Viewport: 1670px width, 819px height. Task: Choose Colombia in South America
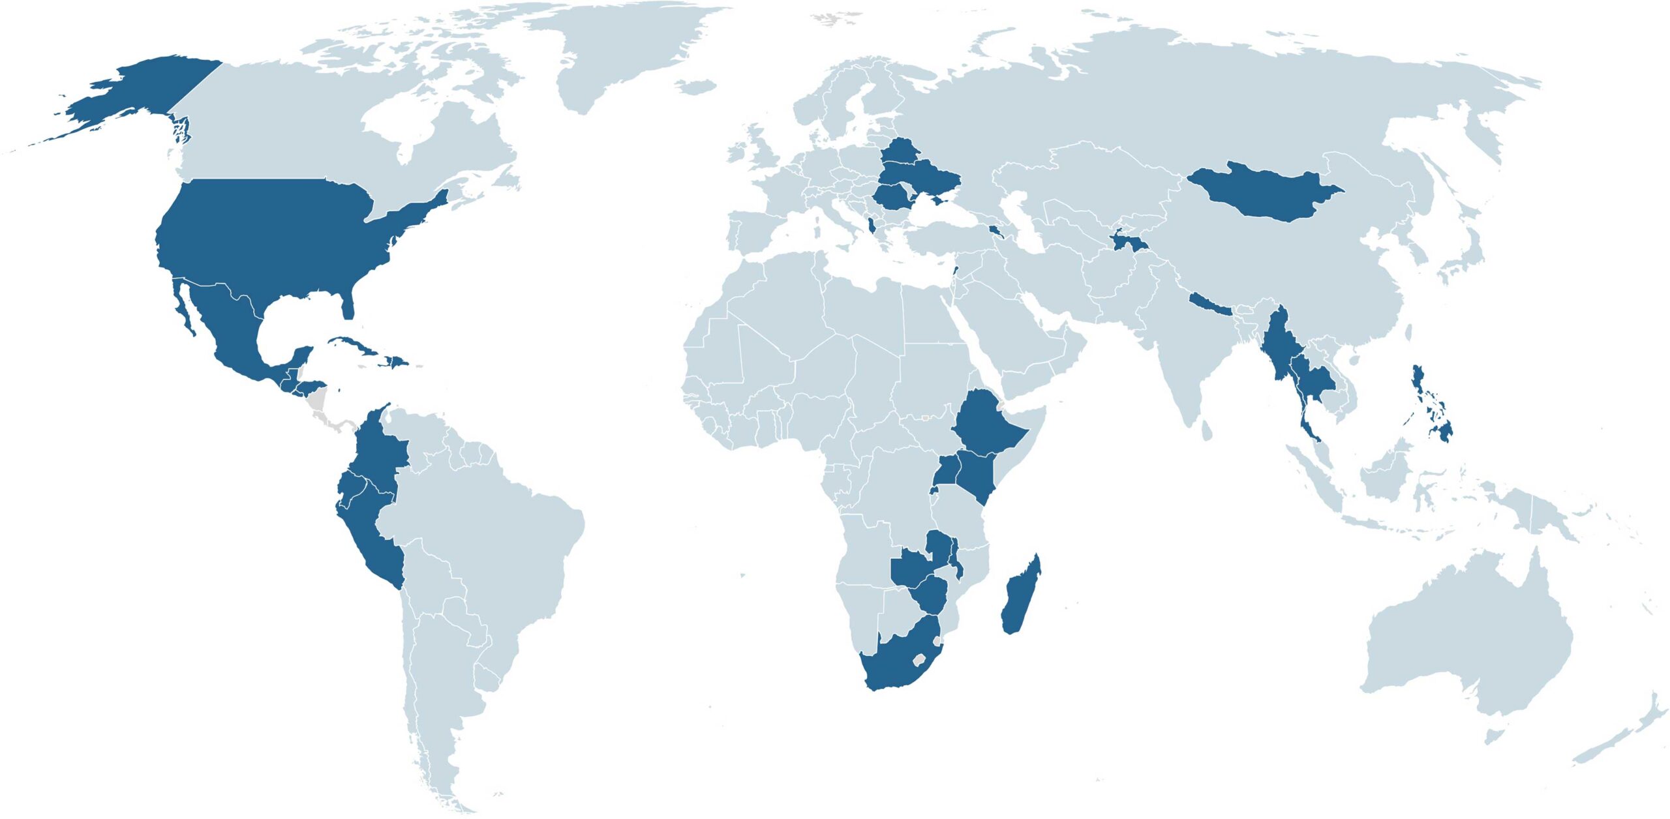(378, 450)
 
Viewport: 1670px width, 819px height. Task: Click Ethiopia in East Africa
(985, 424)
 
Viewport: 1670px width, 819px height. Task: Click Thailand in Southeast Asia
(1311, 385)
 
